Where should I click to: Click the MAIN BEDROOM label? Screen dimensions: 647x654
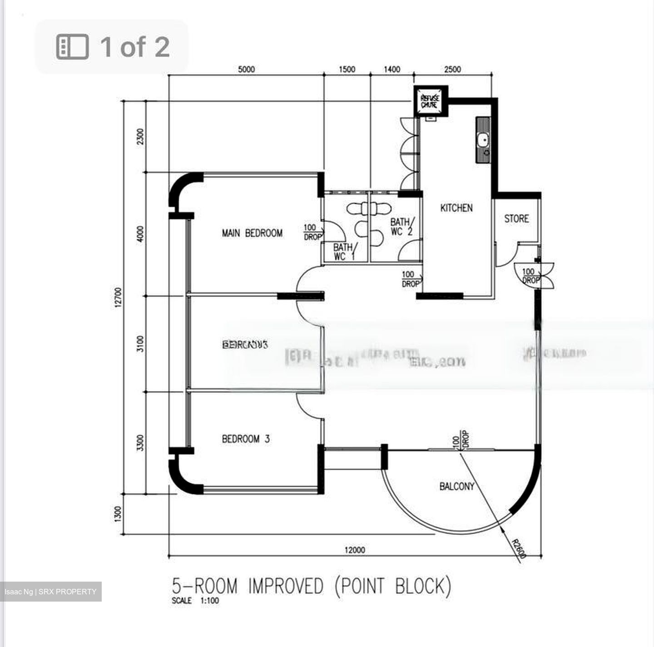(252, 233)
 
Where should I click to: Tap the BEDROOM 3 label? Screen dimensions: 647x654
(246, 439)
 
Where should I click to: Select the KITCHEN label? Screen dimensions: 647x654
(456, 208)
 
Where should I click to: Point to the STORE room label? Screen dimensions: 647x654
(516, 219)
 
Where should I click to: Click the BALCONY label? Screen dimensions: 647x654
(456, 486)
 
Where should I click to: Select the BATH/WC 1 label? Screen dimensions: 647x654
(343, 252)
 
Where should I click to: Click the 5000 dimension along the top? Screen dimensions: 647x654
(246, 69)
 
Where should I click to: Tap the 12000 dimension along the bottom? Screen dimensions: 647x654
(355, 550)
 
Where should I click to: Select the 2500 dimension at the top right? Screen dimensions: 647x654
(452, 69)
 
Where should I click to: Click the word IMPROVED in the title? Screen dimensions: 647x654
(285, 586)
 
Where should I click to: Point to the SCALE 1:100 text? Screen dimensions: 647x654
(195, 601)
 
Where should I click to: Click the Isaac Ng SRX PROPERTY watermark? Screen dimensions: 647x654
(50, 592)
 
